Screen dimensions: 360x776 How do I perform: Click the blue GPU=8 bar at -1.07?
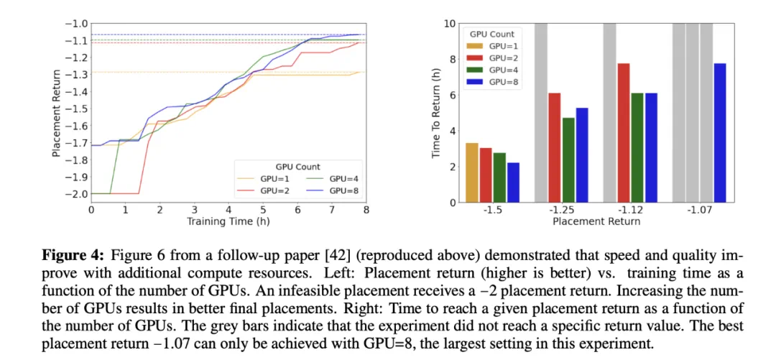[719, 133]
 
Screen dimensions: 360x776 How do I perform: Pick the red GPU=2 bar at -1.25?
[555, 147]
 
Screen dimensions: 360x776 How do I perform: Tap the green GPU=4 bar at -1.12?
[637, 147]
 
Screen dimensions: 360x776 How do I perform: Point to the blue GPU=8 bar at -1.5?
[513, 183]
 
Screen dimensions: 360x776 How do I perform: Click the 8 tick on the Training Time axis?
[366, 209]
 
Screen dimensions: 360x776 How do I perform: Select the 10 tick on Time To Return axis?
[450, 24]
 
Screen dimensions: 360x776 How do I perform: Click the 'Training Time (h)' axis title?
[219, 221]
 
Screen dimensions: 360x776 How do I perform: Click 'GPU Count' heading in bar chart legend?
[491, 34]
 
